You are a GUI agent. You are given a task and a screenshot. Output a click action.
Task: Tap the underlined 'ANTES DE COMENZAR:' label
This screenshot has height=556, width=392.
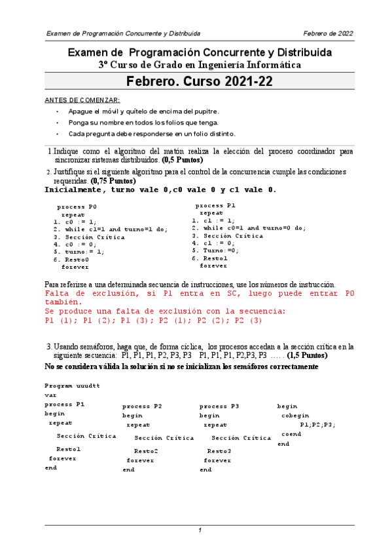(x=81, y=100)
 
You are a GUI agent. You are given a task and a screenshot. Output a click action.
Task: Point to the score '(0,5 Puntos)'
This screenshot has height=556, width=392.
(x=183, y=159)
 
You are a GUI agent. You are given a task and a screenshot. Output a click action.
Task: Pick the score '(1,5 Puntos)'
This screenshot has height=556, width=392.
(x=308, y=355)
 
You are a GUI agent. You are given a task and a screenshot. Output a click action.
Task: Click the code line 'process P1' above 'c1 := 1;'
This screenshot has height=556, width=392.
(x=215, y=205)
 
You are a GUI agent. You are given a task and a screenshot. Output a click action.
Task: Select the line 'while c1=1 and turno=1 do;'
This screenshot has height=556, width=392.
(x=111, y=229)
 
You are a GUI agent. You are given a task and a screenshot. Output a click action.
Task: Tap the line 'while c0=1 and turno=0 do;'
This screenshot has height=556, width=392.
(x=249, y=228)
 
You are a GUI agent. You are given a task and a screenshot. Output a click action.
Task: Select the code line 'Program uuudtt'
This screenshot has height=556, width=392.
(x=72, y=386)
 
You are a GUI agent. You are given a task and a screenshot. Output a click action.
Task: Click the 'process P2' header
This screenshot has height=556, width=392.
(x=142, y=407)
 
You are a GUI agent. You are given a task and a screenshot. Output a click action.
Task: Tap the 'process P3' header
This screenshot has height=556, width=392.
(x=219, y=407)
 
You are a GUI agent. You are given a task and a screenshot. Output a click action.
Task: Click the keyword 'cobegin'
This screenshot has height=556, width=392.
(x=295, y=416)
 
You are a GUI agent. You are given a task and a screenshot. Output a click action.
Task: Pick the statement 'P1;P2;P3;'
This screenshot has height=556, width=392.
(x=317, y=425)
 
